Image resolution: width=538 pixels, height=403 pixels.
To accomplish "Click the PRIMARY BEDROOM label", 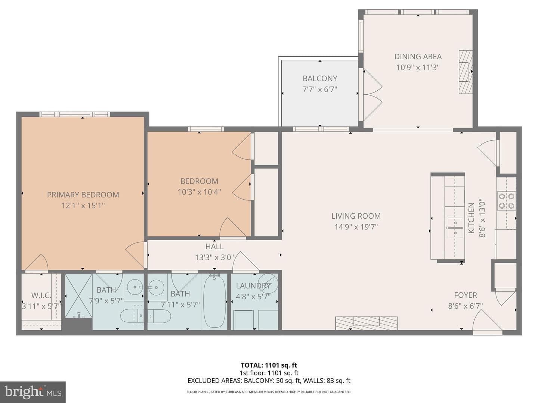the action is [83, 195].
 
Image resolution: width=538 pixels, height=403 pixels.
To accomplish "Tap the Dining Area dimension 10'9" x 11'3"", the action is [418, 67].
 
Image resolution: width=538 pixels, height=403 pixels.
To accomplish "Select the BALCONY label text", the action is [320, 78].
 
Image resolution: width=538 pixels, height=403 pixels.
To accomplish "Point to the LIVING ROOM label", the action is [356, 216].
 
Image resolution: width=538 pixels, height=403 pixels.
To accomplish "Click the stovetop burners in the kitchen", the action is [506, 201].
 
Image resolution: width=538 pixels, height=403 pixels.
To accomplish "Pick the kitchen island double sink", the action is [455, 228].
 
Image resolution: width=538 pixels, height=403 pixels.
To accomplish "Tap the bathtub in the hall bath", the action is [215, 301].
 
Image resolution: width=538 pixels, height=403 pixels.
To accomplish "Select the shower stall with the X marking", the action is [78, 296].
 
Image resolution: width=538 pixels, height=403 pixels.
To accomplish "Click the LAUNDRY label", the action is [253, 286].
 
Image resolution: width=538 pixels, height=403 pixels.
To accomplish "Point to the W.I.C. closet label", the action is [41, 295].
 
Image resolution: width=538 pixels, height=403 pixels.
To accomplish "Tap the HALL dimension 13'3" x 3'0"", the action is [214, 257].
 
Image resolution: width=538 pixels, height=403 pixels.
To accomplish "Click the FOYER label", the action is [466, 295].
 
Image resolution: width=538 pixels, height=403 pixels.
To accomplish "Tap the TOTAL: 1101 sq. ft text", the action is [269, 365].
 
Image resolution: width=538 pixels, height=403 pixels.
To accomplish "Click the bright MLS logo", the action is [33, 392].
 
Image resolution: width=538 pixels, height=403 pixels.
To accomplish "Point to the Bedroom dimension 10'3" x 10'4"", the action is [199, 192].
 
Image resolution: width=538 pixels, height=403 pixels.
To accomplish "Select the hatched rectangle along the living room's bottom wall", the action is [367, 323].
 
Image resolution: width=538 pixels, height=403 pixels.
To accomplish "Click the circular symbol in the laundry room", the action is [268, 284].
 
